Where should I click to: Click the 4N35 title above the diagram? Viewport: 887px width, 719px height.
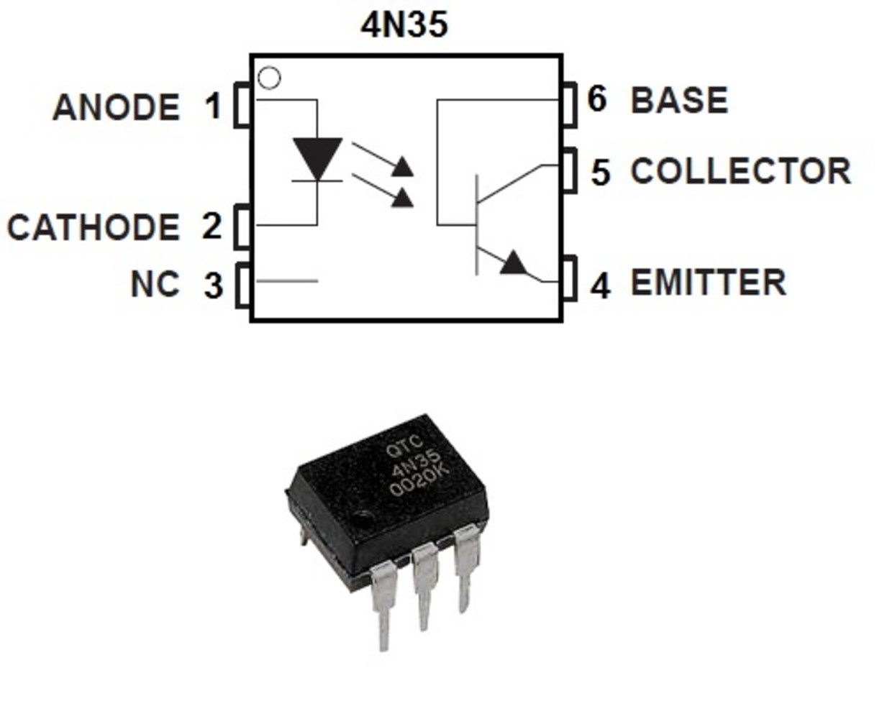[404, 24]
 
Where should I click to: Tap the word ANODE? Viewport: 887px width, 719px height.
[116, 108]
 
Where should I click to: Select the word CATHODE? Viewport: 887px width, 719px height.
[94, 228]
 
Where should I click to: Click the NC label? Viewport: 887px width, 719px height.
[155, 284]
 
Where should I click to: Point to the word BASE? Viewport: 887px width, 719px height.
[679, 101]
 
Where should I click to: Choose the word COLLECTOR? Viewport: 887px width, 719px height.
[740, 172]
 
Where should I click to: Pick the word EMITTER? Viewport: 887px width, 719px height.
[708, 283]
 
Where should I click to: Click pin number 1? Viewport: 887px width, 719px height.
[212, 107]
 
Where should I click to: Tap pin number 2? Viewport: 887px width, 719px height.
[211, 226]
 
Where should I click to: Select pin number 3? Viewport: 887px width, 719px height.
[214, 285]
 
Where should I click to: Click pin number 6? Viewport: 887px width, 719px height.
[596, 99]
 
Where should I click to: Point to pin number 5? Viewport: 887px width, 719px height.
[601, 173]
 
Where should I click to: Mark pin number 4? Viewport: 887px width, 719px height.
[601, 285]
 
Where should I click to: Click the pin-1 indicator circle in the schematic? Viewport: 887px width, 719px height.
[269, 78]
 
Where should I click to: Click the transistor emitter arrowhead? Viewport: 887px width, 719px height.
[514, 263]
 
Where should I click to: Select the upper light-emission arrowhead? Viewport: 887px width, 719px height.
[403, 168]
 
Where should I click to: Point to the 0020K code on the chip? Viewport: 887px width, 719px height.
[419, 480]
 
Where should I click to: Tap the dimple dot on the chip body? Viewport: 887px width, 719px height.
[365, 516]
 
